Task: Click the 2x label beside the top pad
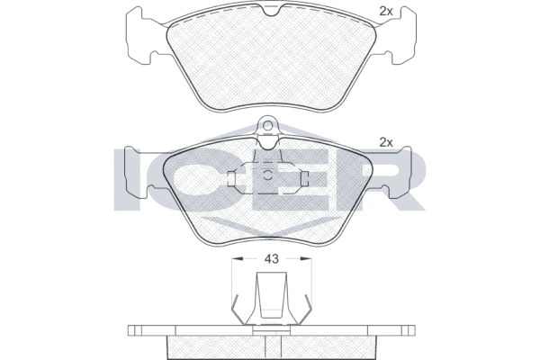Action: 386,12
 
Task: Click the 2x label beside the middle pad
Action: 386,142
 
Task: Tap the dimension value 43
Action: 271,258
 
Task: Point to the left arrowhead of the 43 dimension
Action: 238,258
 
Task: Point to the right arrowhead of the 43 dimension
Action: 306,258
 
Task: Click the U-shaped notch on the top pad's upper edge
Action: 271,11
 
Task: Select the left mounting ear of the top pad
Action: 139,36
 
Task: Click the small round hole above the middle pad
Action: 267,126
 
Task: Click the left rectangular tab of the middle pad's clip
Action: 231,177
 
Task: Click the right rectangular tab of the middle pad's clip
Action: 304,177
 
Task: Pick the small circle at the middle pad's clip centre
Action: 267,175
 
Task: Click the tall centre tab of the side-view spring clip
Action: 271,295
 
